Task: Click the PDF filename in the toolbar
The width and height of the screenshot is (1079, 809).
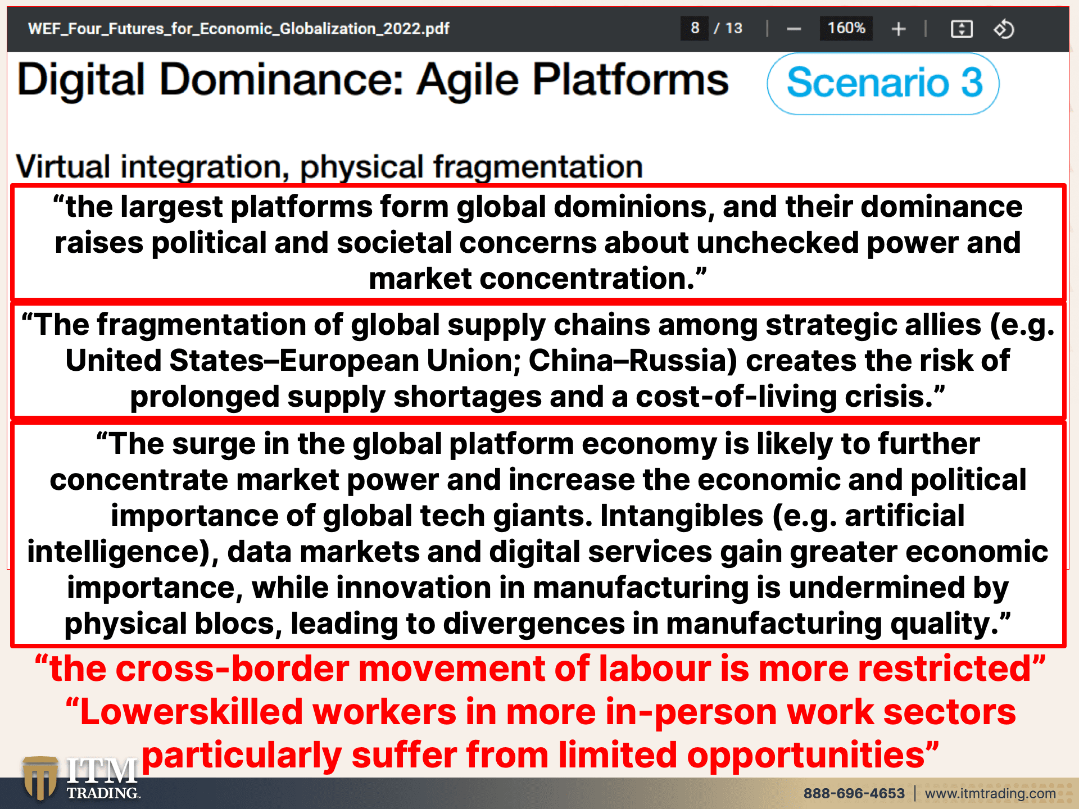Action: pos(238,29)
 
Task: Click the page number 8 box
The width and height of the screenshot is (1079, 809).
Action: pos(695,28)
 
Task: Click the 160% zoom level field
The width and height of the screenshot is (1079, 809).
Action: pos(846,28)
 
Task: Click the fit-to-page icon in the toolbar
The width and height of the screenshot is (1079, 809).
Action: pos(962,29)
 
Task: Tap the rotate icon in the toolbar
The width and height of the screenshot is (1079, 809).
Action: pos(1004,29)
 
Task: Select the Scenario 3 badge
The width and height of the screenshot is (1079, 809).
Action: pos(883,83)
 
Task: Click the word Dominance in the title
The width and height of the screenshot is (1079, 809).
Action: pos(282,79)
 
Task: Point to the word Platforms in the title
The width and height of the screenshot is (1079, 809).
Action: pos(631,79)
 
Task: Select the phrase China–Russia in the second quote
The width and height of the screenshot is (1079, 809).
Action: pos(633,361)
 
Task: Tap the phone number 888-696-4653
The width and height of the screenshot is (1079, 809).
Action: pos(854,793)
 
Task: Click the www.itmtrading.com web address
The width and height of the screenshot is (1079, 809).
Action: pos(990,793)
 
